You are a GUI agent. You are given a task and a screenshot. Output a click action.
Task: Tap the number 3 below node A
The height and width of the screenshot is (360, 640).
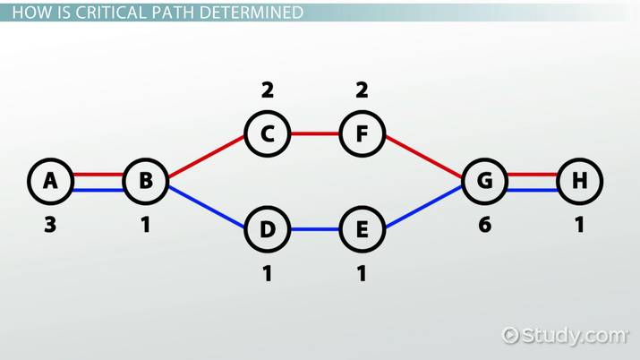coord(50,225)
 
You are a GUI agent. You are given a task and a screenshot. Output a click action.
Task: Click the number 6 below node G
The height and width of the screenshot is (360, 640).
coord(485,225)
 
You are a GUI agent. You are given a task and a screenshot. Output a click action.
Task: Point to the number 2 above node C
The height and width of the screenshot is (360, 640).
coord(268,90)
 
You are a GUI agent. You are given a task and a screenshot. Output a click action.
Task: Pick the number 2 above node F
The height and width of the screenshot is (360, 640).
coord(362,90)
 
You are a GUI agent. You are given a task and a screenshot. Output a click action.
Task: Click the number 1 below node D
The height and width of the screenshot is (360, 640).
coord(268,273)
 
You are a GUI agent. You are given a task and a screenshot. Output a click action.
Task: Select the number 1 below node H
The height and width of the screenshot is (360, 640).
coord(580,225)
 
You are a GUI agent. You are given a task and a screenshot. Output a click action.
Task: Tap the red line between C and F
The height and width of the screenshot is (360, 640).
coord(315,133)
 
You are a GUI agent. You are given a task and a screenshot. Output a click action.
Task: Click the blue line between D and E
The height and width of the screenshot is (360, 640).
coord(315,229)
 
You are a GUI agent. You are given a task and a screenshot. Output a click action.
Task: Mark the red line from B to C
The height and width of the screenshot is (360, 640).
coord(207,157)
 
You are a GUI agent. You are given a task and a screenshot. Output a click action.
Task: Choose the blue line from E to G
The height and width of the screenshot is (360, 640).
coord(423,206)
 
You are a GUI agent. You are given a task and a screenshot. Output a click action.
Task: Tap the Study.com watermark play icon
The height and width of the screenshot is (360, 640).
coord(510,336)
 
